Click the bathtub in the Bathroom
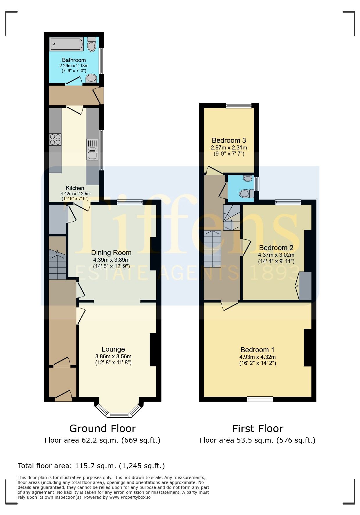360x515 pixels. tap(67, 44)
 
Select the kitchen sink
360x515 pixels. tap(92, 149)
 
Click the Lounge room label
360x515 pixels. tap(113, 349)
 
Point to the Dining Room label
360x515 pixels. tap(111, 253)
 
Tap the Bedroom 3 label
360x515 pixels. tap(229, 140)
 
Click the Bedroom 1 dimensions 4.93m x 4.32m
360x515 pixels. tap(257, 357)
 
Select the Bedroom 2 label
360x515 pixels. tap(276, 248)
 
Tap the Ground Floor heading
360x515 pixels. tap(103, 429)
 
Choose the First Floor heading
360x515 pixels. tap(258, 429)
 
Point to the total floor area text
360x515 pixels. tap(91, 466)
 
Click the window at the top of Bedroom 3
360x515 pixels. tap(239, 106)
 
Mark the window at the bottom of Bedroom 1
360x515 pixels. tap(260, 399)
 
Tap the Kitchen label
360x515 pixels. tap(75, 188)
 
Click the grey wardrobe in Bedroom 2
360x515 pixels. tap(305, 286)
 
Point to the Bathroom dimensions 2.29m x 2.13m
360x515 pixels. tap(74, 66)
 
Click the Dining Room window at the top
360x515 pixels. tap(130, 202)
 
